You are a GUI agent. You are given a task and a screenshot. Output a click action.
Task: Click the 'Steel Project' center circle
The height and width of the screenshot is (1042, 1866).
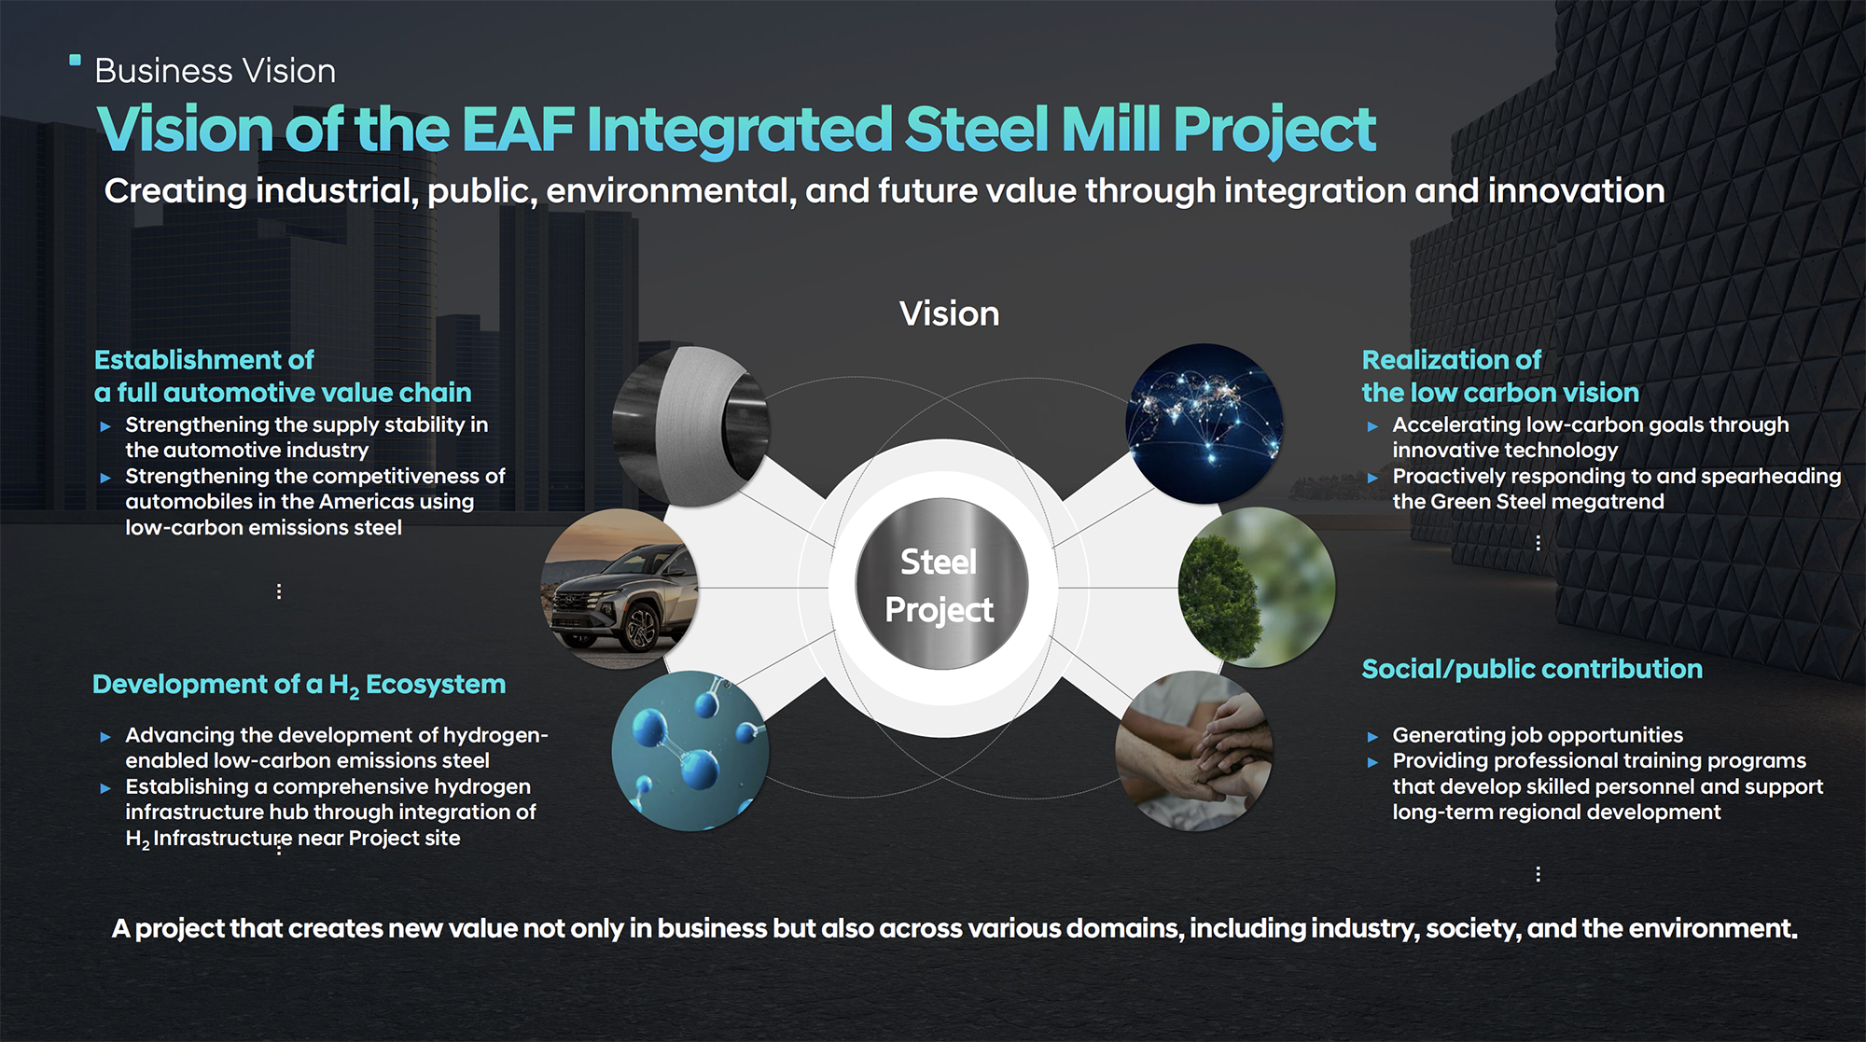(941, 585)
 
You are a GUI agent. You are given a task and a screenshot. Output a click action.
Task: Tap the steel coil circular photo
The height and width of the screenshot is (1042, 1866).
(691, 426)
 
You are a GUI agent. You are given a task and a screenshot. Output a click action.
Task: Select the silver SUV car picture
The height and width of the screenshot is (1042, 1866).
(620, 588)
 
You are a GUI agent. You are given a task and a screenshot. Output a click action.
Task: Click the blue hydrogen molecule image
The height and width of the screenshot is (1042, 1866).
(691, 751)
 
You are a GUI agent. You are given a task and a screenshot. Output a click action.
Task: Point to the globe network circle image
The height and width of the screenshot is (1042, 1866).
(1204, 424)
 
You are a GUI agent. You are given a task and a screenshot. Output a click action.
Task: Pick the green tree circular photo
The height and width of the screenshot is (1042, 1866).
(1257, 588)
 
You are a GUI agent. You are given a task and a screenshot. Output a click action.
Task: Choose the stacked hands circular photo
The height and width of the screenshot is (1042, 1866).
(1195, 751)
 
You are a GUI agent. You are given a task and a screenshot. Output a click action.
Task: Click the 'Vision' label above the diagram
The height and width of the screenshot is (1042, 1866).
(949, 313)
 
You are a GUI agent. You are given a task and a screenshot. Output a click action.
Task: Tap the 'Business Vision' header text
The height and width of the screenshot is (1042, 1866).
(215, 71)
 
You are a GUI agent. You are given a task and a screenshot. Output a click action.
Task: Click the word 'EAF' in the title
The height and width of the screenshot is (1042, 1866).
(518, 129)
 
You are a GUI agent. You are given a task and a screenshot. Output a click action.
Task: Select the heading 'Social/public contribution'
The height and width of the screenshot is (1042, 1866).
(1532, 669)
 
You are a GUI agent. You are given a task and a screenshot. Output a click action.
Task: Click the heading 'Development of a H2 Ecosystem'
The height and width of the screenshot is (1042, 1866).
(299, 686)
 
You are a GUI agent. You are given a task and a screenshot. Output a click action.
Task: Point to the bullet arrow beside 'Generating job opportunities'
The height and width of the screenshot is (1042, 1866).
(1372, 736)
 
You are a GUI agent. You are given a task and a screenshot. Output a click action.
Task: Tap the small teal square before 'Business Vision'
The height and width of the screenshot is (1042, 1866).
(76, 61)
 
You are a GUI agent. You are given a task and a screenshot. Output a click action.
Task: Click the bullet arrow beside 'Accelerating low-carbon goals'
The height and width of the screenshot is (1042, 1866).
(1372, 426)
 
